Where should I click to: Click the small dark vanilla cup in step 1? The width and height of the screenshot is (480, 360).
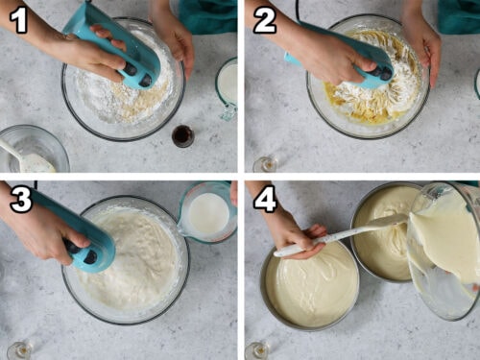182,135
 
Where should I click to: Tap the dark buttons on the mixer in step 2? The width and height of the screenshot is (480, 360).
382,73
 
